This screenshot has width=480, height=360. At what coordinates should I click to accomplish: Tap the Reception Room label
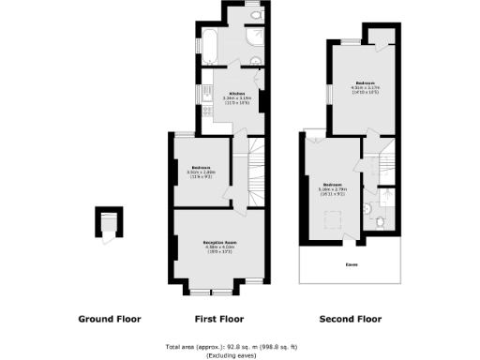pyautogui.click(x=220, y=242)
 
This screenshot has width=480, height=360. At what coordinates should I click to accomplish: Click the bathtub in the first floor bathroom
pyautogui.click(x=211, y=43)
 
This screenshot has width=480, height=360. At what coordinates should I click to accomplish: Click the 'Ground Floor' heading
pyautogui.click(x=109, y=320)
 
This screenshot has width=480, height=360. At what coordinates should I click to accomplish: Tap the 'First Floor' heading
pyautogui.click(x=219, y=320)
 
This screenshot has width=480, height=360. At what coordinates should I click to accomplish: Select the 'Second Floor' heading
pyautogui.click(x=349, y=320)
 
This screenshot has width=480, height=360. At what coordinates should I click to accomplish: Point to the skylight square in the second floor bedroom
pyautogui.click(x=332, y=220)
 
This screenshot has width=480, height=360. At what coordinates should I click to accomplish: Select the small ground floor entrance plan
pyautogui.click(x=110, y=225)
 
